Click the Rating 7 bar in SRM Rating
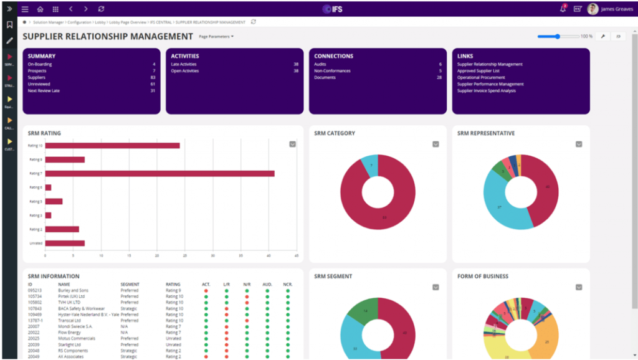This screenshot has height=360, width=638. pos(159,173)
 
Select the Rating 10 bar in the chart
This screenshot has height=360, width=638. pos(112,146)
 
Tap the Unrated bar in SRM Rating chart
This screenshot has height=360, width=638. pos(64,243)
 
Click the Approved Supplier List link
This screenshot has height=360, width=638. pos(478,71)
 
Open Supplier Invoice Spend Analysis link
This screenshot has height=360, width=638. pos(487,91)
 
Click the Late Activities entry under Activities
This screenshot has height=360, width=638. pos(185,64)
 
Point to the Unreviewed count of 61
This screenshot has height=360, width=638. pos(152,84)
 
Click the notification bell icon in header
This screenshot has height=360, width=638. pos(563,9)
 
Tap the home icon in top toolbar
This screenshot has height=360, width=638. pos(40,9)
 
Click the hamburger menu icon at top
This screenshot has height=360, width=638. pos(25,9)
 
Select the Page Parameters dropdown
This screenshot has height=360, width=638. pos(216,37)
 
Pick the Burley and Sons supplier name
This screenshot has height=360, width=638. pos(73,290)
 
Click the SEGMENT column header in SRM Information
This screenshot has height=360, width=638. pos(130,284)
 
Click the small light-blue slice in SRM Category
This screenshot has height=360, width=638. pos(369,166)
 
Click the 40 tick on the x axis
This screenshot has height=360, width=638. pos(269,255)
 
